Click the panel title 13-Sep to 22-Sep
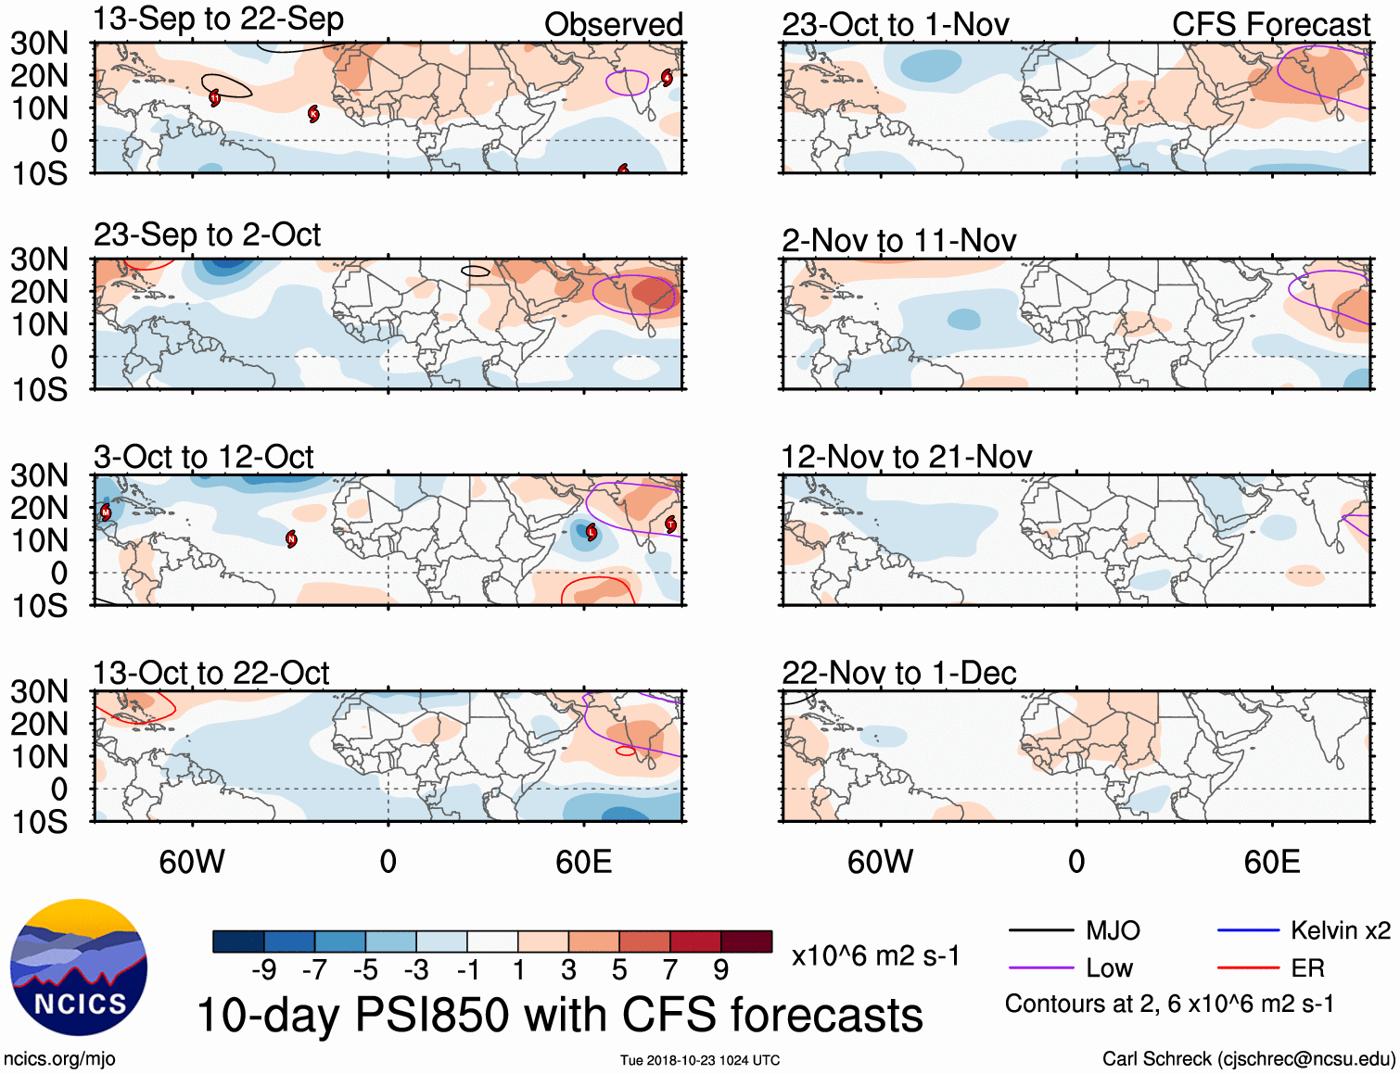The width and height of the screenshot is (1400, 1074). [x=219, y=19]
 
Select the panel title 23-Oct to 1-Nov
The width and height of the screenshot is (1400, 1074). [x=895, y=25]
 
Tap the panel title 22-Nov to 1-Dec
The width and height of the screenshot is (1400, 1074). [x=898, y=673]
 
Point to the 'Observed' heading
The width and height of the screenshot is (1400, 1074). [x=613, y=25]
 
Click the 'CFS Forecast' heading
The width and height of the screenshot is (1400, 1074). [x=1270, y=25]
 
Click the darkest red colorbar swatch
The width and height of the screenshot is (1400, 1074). [x=746, y=941]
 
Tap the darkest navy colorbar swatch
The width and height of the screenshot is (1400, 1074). [x=238, y=941]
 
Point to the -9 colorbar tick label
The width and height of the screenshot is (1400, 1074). [x=263, y=970]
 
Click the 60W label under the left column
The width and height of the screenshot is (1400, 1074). [x=192, y=862]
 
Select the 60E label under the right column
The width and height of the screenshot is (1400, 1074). [x=1271, y=862]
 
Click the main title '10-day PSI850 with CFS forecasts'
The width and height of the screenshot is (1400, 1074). [x=560, y=1015]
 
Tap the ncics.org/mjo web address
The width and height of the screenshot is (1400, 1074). [x=59, y=1059]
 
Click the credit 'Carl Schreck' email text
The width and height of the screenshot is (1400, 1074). [x=1248, y=1059]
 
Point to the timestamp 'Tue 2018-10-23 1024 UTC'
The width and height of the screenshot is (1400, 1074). [x=700, y=1060]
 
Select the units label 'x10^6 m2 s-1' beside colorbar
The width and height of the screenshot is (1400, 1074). [x=875, y=955]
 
